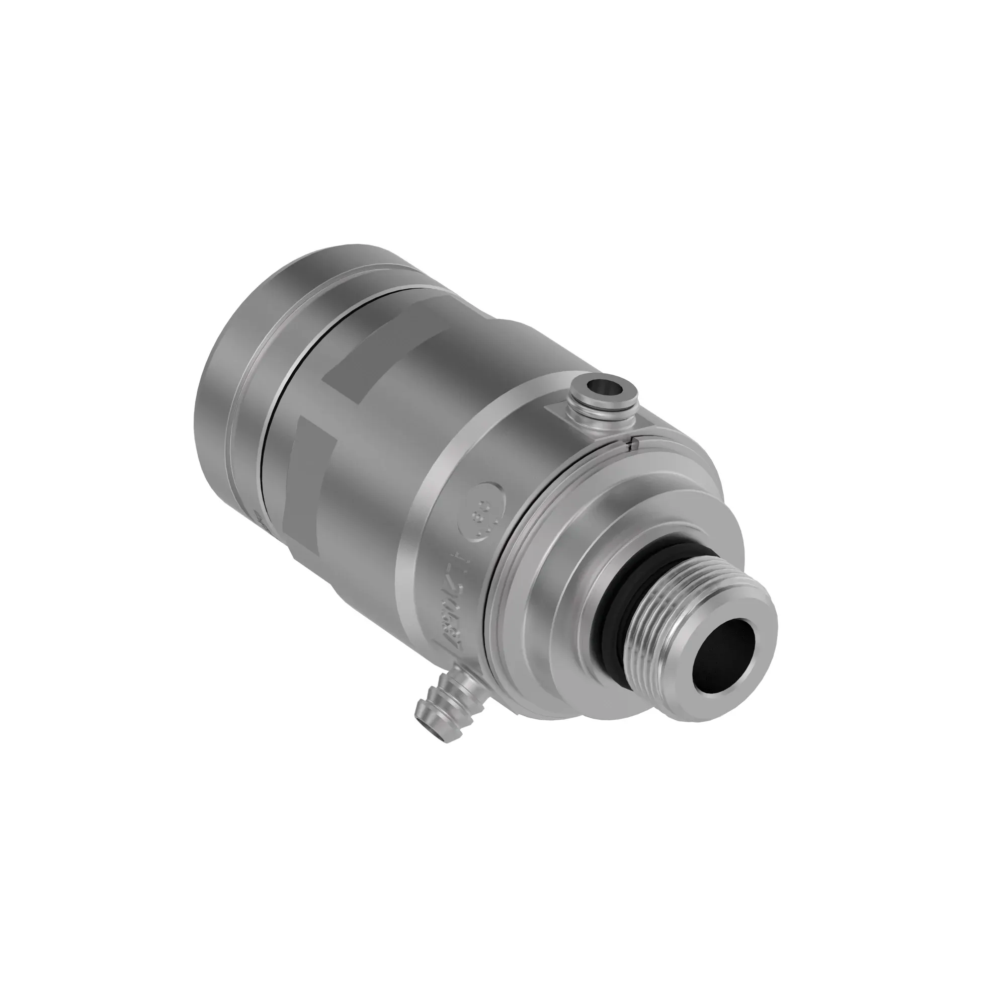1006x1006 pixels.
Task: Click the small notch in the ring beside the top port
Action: (633, 444)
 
